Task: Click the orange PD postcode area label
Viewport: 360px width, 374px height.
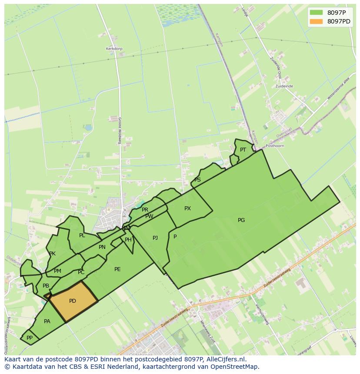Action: pos(73,301)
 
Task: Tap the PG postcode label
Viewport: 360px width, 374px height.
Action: pos(241,220)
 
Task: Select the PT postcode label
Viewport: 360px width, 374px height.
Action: pos(243,150)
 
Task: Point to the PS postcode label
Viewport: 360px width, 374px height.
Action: pos(197,180)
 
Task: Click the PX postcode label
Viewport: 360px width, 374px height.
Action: pos(187,209)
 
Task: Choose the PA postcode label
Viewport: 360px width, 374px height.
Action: pos(47,321)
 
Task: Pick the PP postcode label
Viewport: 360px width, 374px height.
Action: pos(30,338)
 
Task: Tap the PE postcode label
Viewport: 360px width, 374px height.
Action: pos(117,269)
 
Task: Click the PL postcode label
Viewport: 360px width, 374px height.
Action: pos(82,235)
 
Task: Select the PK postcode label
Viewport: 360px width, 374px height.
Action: pos(52,254)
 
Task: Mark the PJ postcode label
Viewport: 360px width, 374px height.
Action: pos(155,238)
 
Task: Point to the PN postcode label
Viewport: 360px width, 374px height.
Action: pos(102,247)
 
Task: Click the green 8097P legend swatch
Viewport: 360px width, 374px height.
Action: pos(316,12)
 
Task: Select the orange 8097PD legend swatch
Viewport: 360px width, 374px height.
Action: pos(316,21)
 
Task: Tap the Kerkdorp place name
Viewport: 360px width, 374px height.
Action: pos(113,49)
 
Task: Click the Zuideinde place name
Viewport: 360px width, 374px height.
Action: pos(284,86)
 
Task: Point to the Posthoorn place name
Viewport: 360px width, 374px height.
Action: pos(275,146)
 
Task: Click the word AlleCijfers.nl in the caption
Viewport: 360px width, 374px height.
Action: pos(226,359)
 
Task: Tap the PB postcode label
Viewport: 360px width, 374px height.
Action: pos(46,286)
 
